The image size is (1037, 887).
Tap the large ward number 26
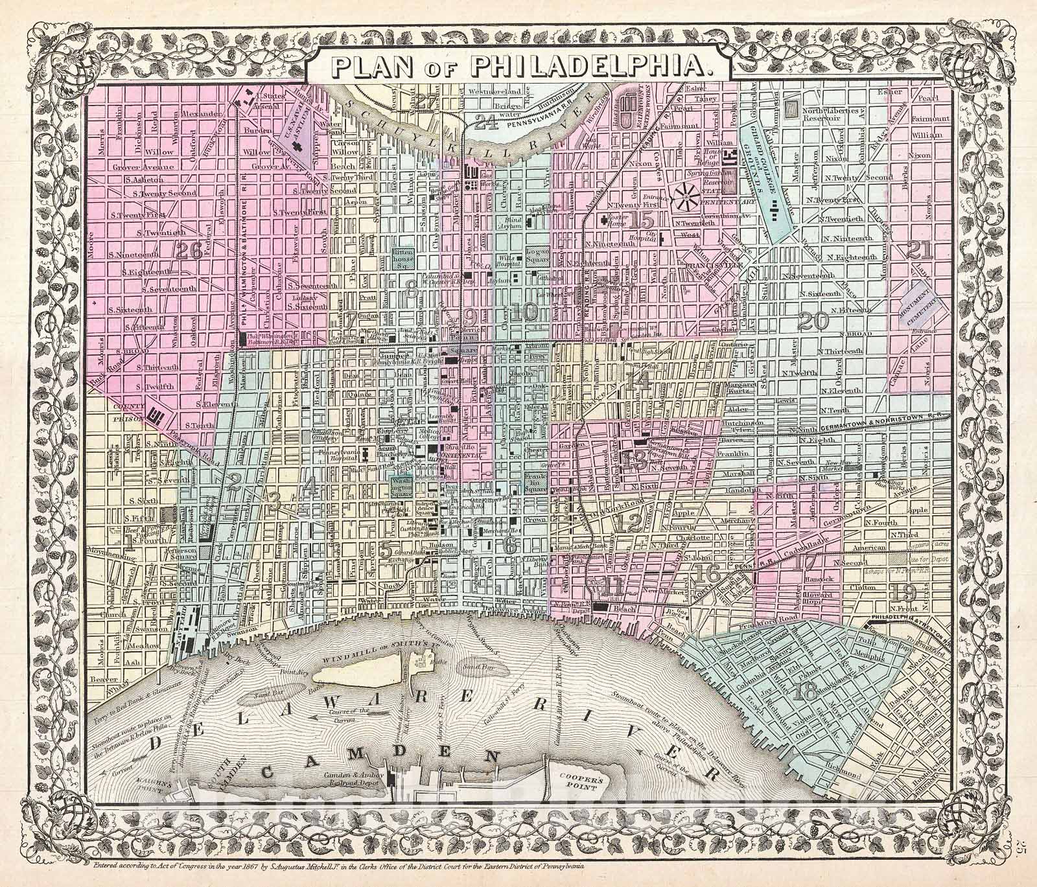189,249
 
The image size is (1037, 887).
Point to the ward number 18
804,692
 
